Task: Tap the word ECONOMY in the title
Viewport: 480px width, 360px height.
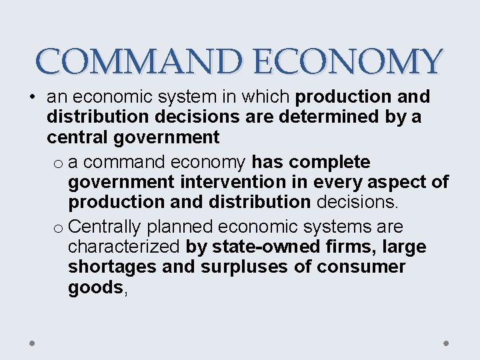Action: point(347,62)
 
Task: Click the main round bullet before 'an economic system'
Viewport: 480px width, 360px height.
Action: point(32,97)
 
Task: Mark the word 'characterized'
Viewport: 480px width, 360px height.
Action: point(124,247)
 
